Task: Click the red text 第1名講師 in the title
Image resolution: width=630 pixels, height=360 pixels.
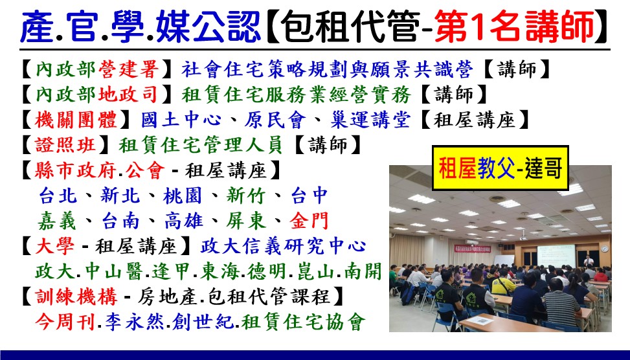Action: tap(514, 27)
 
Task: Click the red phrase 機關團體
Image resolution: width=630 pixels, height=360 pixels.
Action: tap(76, 120)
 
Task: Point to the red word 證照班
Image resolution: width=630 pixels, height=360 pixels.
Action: tap(65, 144)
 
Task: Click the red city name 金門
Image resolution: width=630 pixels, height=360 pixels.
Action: tap(309, 221)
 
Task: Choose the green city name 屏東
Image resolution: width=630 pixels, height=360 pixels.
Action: tap(246, 221)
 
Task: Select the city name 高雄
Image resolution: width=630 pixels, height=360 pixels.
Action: tap(184, 221)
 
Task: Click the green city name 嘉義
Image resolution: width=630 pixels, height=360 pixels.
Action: tap(58, 221)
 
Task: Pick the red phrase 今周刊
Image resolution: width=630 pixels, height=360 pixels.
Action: tap(65, 321)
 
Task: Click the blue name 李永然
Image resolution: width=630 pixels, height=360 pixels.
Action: tap(135, 321)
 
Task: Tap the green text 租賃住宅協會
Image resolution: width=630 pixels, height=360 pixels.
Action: tap(304, 321)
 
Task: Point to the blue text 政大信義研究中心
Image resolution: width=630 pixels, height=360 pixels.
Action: tap(283, 246)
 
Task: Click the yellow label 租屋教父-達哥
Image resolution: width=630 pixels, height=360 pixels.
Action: tap(501, 168)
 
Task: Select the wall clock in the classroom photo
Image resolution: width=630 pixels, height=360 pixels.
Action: tap(605, 249)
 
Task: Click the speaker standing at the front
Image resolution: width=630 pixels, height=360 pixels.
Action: tap(589, 261)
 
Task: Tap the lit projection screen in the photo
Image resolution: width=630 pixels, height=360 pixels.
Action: tap(556, 256)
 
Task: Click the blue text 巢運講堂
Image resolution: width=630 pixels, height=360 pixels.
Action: tap(371, 120)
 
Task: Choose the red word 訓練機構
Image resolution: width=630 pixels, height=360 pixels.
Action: tap(76, 297)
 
